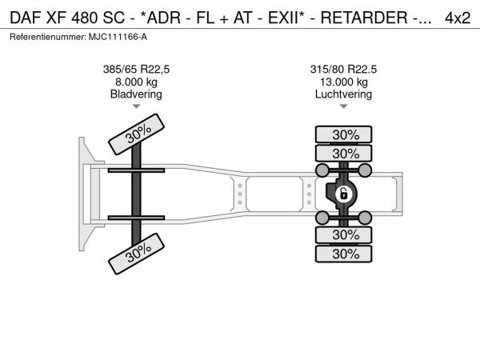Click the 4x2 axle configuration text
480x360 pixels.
(x=458, y=18)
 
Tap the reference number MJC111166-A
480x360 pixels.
(x=118, y=37)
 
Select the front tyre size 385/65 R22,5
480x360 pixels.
(x=136, y=70)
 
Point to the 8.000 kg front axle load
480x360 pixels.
(x=136, y=82)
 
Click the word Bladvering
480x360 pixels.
(x=136, y=94)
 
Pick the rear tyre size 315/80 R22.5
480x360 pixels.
(x=343, y=70)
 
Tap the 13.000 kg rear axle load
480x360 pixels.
(x=344, y=82)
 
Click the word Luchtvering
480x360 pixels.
(x=343, y=94)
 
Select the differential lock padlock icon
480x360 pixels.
(x=343, y=194)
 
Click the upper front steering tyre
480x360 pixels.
(x=136, y=134)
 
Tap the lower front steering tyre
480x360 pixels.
(x=136, y=254)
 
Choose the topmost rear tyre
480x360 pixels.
(x=343, y=134)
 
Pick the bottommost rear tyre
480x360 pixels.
(x=343, y=254)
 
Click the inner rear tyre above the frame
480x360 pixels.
(x=343, y=153)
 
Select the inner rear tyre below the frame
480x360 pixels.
(x=343, y=234)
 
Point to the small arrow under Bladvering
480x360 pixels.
(x=136, y=106)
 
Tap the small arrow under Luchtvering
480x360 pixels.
(x=344, y=106)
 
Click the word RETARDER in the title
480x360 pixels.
(x=364, y=18)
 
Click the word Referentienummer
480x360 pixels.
(x=48, y=37)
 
